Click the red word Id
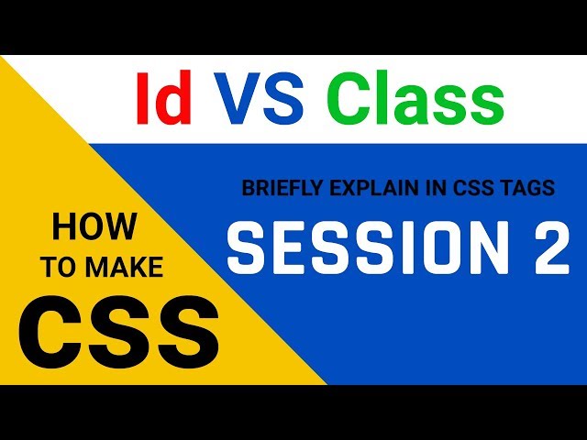(x=163, y=98)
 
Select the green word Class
(x=415, y=98)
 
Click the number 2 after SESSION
(x=548, y=247)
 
